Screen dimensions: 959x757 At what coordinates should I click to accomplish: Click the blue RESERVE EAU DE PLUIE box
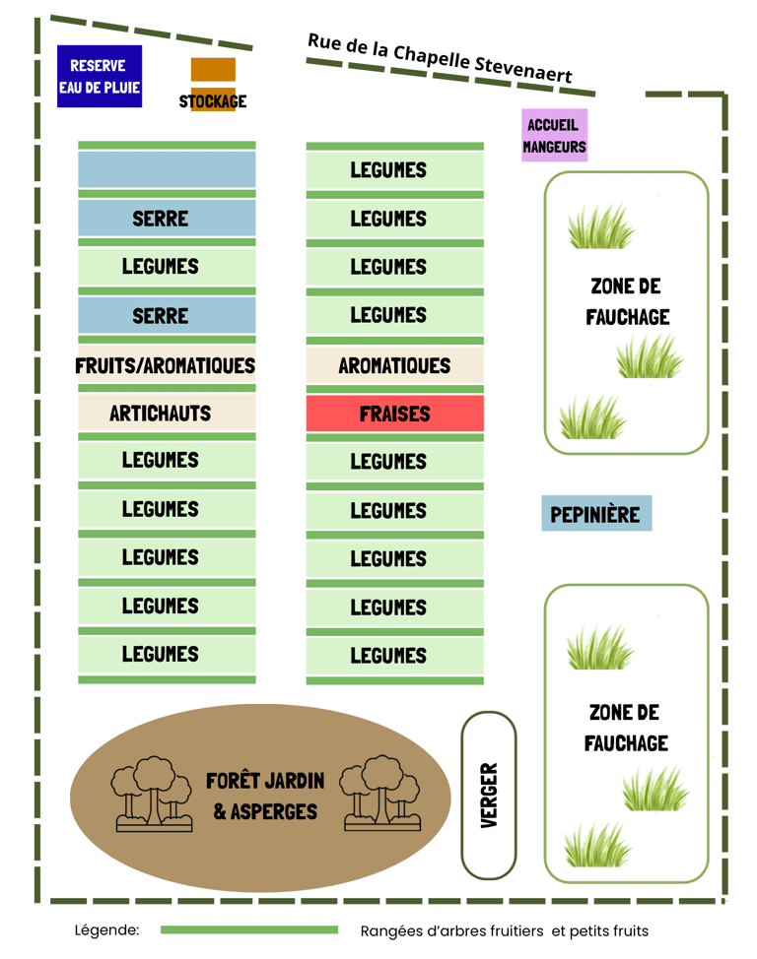100,77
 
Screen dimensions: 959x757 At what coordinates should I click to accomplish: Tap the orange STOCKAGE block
213,84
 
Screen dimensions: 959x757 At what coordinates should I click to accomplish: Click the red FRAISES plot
394,414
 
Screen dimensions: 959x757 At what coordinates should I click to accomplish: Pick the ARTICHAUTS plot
166,413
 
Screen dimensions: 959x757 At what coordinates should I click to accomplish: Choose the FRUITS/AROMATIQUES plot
166,365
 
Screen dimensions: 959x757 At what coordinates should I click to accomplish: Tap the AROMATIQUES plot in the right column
394,365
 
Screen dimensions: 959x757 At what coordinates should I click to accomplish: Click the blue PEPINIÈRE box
595,514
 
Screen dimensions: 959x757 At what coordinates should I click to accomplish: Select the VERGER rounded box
489,796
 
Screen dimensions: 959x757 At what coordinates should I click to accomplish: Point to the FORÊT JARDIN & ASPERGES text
265,796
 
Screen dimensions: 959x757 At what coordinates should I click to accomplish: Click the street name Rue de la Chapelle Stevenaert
440,58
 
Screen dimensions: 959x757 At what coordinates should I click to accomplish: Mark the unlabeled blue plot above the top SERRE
166,169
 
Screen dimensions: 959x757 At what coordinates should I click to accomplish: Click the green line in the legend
248,929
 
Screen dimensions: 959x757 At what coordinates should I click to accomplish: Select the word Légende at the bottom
106,930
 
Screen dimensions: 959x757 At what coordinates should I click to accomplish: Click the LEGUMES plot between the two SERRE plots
166,266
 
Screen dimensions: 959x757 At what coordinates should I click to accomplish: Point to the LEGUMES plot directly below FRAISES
394,461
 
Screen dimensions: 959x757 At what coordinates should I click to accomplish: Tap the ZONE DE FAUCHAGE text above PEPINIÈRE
627,301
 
